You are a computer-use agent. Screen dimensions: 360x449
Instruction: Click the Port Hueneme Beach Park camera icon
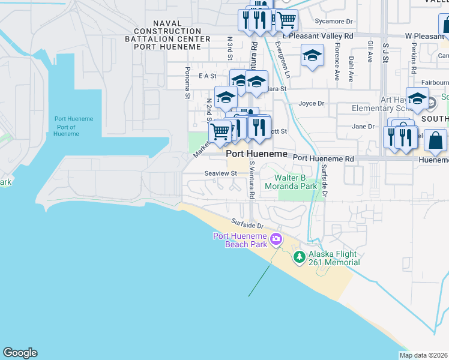pos(276,239)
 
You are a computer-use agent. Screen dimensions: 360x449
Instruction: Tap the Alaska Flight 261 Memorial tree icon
pos(299,257)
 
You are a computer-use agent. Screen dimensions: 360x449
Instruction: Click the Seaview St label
pos(221,173)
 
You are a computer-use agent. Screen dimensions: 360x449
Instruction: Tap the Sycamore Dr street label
pos(334,21)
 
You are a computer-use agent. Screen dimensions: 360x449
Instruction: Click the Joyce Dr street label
pos(312,103)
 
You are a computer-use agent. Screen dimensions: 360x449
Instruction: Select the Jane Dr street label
pos(363,127)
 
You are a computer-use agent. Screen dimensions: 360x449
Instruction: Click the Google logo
pos(20,353)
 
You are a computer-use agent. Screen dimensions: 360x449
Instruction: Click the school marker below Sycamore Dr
pos(312,56)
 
